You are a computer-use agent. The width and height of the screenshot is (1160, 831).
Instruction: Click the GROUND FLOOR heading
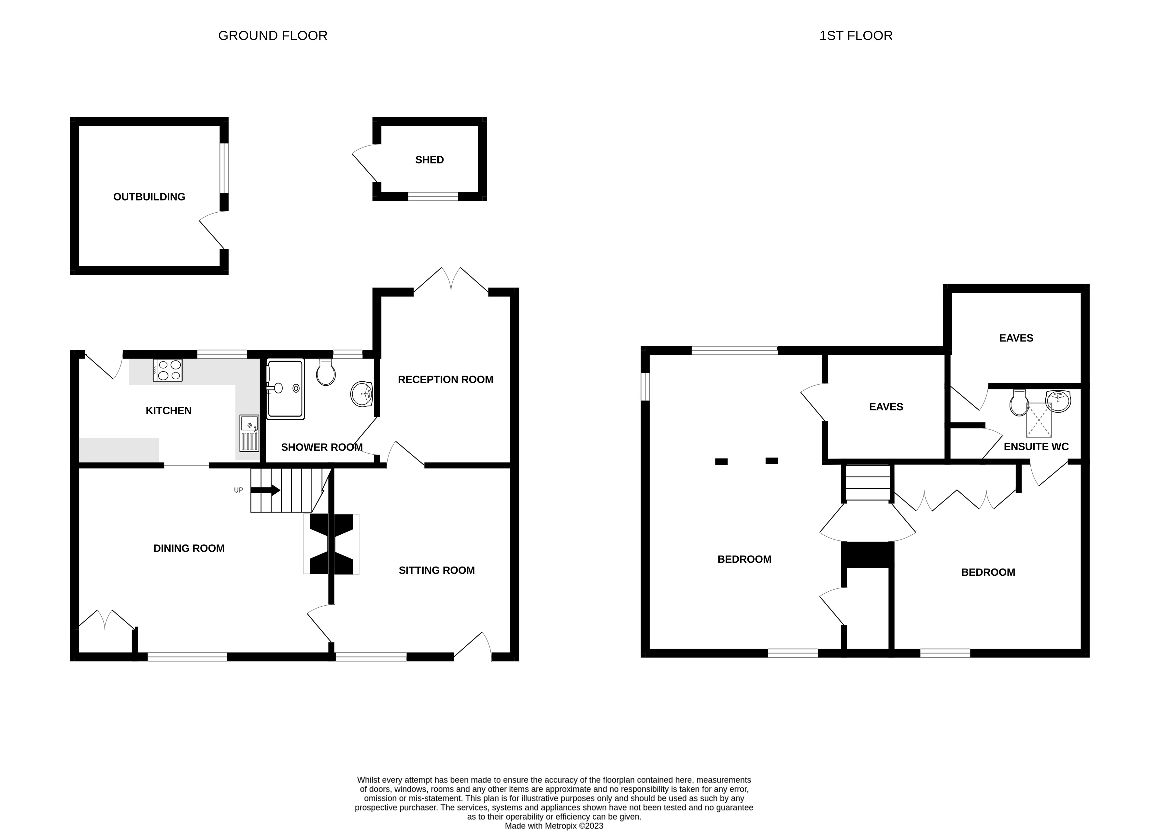(x=273, y=36)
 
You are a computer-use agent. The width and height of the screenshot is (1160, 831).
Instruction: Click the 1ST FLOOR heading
(x=856, y=36)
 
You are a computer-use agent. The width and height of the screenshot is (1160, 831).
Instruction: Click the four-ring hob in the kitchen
(x=168, y=370)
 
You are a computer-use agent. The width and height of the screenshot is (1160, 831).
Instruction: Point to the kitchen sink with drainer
(x=249, y=433)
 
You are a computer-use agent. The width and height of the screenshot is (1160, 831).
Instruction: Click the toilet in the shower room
(x=326, y=373)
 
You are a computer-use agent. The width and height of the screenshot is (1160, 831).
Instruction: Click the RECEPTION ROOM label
(x=445, y=379)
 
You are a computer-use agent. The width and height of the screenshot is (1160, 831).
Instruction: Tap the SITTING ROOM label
(x=436, y=570)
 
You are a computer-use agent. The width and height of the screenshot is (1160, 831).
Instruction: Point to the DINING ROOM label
(x=189, y=548)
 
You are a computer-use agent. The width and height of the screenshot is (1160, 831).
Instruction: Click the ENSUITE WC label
(x=1036, y=446)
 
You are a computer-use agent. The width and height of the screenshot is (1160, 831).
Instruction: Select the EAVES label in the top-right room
(x=1016, y=338)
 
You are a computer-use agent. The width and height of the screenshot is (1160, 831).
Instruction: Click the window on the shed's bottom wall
(x=433, y=196)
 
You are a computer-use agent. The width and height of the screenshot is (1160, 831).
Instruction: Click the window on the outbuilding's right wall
(x=224, y=168)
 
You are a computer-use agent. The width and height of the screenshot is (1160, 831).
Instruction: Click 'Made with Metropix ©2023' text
(x=554, y=811)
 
